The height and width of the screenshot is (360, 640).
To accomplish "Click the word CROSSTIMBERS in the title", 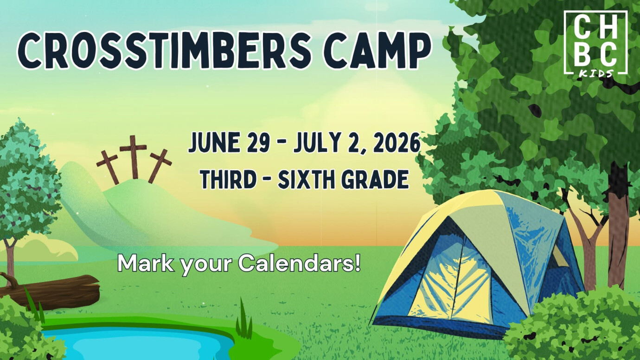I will pos(165,51).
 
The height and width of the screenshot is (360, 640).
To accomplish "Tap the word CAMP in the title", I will pos(377,51).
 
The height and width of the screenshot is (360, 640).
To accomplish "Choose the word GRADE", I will pos(376,179).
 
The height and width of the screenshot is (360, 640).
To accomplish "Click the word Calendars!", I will pos(300,264).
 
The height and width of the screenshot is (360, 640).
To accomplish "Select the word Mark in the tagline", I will pos(141,264).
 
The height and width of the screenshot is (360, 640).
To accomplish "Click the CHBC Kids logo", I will pos(595,43).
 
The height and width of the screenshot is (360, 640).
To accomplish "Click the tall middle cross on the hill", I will pos(134,155).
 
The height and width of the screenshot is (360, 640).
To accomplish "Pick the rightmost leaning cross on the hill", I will pos(159,165).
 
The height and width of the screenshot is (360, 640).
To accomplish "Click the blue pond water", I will pos(139,343).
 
